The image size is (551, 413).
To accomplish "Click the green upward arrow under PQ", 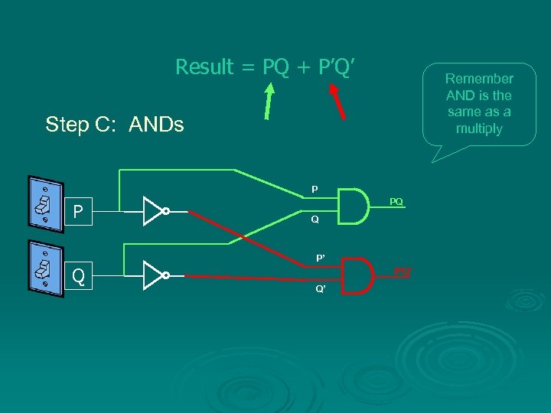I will tap(269, 102).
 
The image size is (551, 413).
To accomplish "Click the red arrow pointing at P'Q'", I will tap(337, 101).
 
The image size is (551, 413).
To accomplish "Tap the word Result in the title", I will tap(204, 67).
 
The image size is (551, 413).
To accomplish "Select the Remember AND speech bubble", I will tap(479, 104).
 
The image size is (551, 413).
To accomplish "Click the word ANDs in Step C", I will tap(157, 124).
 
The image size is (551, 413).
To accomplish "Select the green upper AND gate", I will tap(352, 205).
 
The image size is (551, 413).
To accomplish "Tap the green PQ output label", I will tap(396, 201).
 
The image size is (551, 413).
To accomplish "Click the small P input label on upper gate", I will tap(314, 189).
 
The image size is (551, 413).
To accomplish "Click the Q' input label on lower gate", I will tap(321, 290).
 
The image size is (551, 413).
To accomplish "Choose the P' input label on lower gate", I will tap(321, 258).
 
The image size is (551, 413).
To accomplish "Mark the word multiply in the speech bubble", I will tap(479, 128).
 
